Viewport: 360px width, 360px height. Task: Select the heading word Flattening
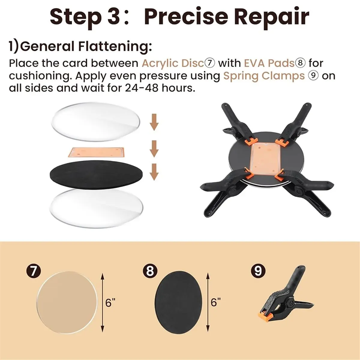[115, 47]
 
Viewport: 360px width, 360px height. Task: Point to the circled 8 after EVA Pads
[300, 64]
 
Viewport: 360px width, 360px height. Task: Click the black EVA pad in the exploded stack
[96, 175]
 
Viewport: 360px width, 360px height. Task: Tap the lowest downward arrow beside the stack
[154, 172]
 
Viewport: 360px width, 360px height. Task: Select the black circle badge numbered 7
[33, 271]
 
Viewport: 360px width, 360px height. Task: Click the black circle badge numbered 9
[258, 271]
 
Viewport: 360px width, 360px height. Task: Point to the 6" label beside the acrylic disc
[110, 303]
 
